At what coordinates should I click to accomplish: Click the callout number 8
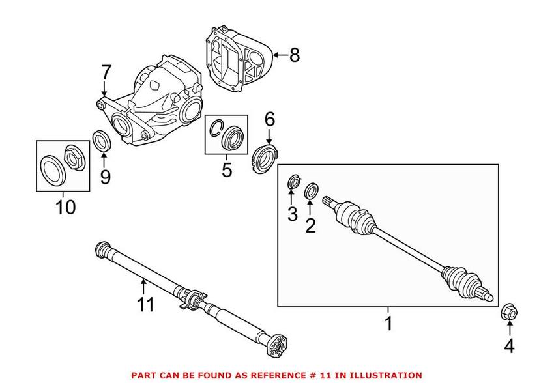click(295, 55)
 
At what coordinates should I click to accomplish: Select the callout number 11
click(146, 304)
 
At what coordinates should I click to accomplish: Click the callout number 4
click(509, 347)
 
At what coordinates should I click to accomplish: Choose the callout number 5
click(226, 170)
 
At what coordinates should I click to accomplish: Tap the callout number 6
click(269, 119)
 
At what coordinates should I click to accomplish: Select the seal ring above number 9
click(102, 141)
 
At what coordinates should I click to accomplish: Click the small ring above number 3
click(293, 182)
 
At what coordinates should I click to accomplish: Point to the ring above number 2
click(312, 191)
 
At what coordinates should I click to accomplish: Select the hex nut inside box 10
click(72, 156)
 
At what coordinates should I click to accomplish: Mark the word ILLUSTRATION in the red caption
click(384, 375)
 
